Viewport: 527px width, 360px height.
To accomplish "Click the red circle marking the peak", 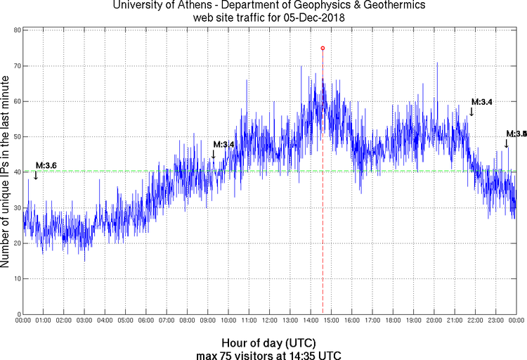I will pyautogui.click(x=323, y=48).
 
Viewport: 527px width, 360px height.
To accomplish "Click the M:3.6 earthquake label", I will pyautogui.click(x=46, y=165).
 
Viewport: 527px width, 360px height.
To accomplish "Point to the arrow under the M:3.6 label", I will pyautogui.click(x=36, y=175).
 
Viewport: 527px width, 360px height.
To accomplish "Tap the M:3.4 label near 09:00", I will pyautogui.click(x=223, y=144).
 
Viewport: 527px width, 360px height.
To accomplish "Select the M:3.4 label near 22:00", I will pyautogui.click(x=481, y=101).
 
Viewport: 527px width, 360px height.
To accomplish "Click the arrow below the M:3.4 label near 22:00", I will pyautogui.click(x=471, y=111).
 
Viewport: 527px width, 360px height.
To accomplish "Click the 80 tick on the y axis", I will pyautogui.click(x=16, y=30).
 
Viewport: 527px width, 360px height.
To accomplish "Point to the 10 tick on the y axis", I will pyautogui.click(x=16, y=278).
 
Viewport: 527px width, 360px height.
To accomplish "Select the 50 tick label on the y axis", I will pyautogui.click(x=16, y=136).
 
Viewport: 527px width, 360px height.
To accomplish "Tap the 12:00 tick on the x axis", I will pyautogui.click(x=269, y=321).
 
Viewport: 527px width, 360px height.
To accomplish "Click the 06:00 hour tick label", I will pyautogui.click(x=146, y=321).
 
